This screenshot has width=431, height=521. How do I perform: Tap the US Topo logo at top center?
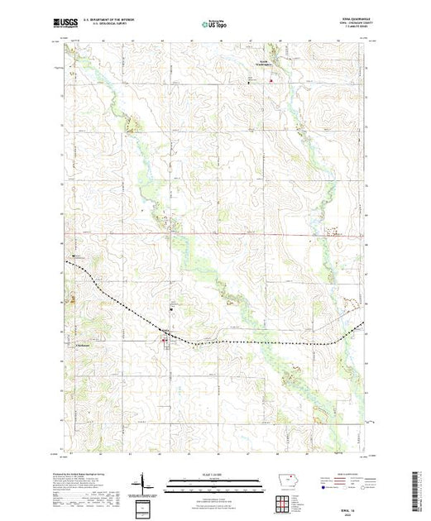tap(214, 25)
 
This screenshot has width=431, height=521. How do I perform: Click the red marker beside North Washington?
tap(270, 80)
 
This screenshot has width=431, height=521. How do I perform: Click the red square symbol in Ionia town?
tap(163, 337)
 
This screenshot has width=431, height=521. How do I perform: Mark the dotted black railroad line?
tap(248, 342)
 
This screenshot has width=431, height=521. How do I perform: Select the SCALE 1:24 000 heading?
tap(215, 476)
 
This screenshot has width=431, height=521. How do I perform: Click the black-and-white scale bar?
tap(215, 481)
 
